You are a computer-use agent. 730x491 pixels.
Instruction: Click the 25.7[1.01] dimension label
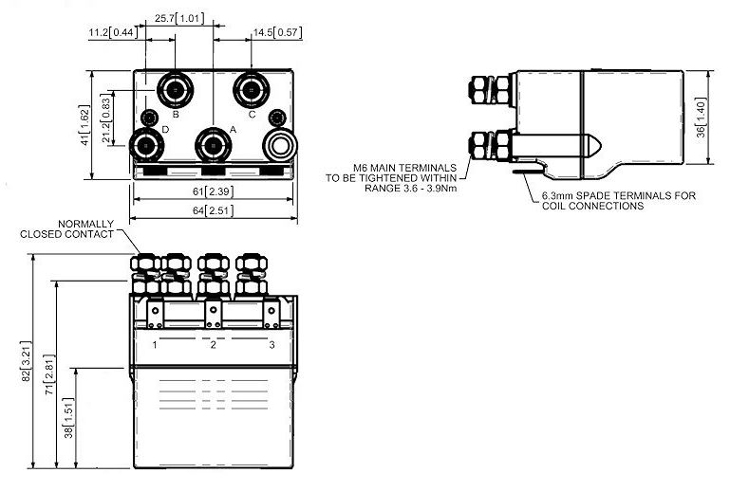pyautogui.click(x=179, y=19)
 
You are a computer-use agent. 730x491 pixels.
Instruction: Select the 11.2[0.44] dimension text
pyautogui.click(x=113, y=32)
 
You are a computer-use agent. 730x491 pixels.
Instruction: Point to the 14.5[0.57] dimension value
pyautogui.click(x=277, y=32)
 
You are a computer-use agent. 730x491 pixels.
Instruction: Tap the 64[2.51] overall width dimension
pyautogui.click(x=213, y=210)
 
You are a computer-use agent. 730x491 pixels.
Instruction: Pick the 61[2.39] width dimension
pyautogui.click(x=213, y=191)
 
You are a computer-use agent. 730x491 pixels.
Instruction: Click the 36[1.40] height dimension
pyautogui.click(x=702, y=118)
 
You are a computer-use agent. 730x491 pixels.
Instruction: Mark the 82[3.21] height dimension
pyautogui.click(x=27, y=362)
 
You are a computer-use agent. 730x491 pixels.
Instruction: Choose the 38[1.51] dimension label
pyautogui.click(x=68, y=418)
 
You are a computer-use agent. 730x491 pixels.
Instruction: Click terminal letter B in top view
pyautogui.click(x=176, y=114)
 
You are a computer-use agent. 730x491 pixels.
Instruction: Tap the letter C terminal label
pyautogui.click(x=252, y=115)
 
